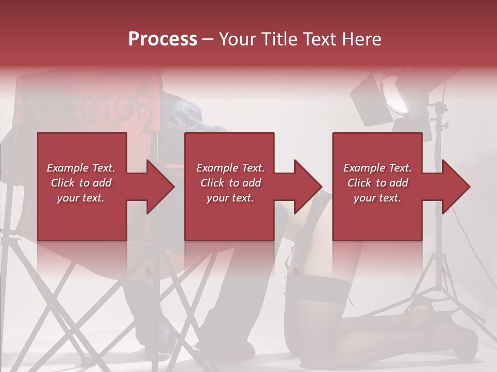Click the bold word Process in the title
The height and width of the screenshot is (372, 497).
tap(163, 39)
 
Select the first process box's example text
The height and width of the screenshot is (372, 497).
tap(81, 183)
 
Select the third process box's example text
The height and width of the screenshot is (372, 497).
tap(377, 183)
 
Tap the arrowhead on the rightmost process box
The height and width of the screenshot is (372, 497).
tap(455, 187)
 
